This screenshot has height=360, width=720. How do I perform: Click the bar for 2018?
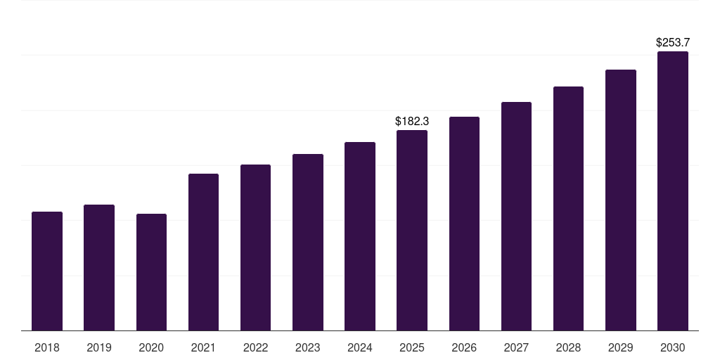click(47, 271)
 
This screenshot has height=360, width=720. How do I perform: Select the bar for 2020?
click(151, 272)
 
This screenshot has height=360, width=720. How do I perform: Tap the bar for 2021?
click(203, 252)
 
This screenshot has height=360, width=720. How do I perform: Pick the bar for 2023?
click(308, 242)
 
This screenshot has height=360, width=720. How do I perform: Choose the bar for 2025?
click(412, 230)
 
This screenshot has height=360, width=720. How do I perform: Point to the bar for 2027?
click(516, 216)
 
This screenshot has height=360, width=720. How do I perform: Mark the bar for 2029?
click(620, 200)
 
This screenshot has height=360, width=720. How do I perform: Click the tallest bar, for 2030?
click(673, 191)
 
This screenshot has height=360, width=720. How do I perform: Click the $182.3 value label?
click(412, 122)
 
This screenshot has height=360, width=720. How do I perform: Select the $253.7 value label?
click(673, 43)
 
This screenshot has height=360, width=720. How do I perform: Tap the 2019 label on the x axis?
click(99, 347)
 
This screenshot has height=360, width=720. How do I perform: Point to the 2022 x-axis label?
click(255, 347)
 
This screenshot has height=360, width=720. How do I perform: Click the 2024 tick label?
click(360, 347)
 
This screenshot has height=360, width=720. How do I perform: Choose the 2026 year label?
click(464, 347)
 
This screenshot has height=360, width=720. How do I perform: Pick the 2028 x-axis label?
click(568, 347)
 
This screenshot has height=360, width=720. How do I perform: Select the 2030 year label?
click(673, 347)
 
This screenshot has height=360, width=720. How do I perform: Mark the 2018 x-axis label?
click(47, 347)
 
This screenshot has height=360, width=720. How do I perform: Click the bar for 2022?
click(255, 247)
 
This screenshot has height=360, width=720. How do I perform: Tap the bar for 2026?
click(464, 224)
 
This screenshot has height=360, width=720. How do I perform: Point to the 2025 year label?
click(412, 347)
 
